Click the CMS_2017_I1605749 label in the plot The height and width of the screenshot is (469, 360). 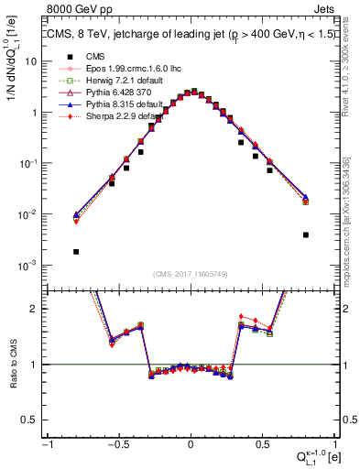pyautogui.click(x=191, y=273)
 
